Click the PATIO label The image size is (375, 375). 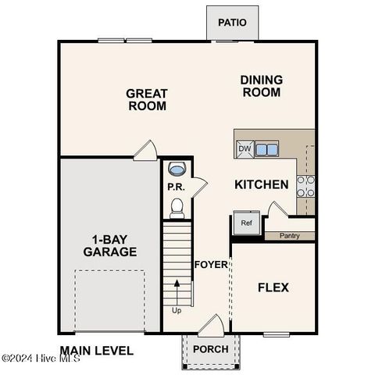[x=232, y=22]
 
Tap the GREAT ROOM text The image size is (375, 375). [x=147, y=99]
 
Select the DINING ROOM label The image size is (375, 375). [x=261, y=86]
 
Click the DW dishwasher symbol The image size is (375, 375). [x=245, y=148]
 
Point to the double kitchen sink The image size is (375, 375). [x=266, y=148]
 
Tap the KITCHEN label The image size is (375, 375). [x=262, y=185]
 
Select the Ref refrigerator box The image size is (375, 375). [x=246, y=223]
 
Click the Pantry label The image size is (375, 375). [x=290, y=234]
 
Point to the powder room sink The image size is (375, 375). [x=177, y=169]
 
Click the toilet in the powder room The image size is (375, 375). [x=177, y=206]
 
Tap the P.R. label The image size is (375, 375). [x=175, y=187]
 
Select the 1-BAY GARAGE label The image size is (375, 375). [x=110, y=245]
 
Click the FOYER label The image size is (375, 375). [x=211, y=264]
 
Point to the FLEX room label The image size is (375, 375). [x=273, y=287]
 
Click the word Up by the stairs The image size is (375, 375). [x=176, y=310]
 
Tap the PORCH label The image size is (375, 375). [x=210, y=349]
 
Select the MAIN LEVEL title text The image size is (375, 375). [x=96, y=351]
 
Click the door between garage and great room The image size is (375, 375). [x=145, y=149]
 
